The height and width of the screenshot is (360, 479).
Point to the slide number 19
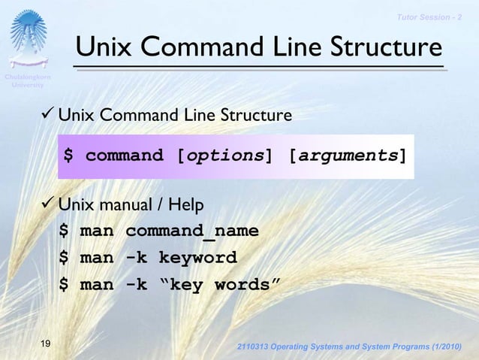(47, 344)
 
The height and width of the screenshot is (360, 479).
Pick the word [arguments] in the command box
(348, 156)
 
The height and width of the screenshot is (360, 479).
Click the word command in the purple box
(124, 156)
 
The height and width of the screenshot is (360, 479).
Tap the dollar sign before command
(68, 156)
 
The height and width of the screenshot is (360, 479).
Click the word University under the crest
(28, 85)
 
